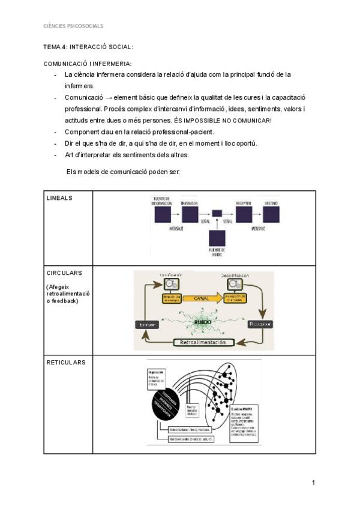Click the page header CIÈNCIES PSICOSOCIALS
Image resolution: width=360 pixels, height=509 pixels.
(x=73, y=26)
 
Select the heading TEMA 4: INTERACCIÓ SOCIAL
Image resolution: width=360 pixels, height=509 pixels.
(x=88, y=47)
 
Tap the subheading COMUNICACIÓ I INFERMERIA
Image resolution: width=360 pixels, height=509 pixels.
(x=88, y=64)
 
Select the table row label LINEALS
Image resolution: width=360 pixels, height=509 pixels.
(x=61, y=197)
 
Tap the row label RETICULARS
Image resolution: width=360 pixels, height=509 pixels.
(x=66, y=363)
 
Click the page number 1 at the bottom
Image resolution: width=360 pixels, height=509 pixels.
(x=313, y=482)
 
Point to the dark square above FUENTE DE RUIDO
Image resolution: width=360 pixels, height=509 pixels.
(x=217, y=235)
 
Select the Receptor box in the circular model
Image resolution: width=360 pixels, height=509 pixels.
(x=260, y=324)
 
